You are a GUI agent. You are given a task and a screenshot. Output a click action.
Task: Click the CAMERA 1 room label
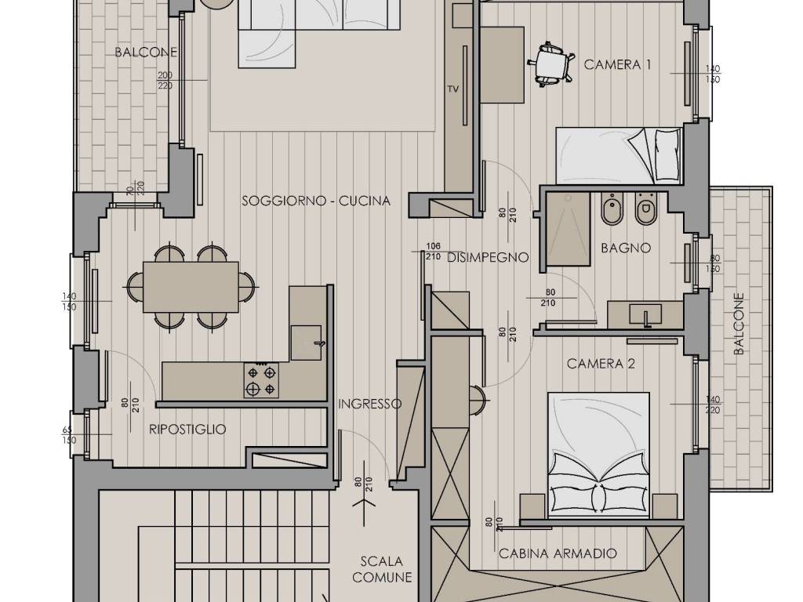[617, 64]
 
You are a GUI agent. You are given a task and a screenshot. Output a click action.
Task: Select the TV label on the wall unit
[452, 89]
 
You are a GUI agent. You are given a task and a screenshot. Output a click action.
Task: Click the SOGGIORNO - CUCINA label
[316, 201]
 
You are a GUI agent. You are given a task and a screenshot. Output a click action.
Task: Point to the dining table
[191, 287]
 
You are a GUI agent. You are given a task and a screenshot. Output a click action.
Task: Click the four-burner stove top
[261, 380]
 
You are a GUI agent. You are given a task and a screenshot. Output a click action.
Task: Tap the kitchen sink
[307, 343]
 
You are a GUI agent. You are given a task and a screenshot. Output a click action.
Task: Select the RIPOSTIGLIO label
[187, 429]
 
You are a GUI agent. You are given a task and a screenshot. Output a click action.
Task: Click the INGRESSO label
[370, 404]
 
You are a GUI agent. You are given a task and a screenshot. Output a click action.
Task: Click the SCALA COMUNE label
[382, 569]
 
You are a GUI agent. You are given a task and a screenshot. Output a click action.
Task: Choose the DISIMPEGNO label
[488, 257]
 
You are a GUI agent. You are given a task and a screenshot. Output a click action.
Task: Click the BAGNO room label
[626, 248]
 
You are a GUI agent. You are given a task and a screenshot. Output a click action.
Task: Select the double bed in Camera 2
[598, 455]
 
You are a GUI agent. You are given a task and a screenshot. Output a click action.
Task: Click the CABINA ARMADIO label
[558, 553]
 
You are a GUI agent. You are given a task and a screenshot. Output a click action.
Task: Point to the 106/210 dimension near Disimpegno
[433, 252]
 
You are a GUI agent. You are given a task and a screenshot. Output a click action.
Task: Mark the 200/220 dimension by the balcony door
[165, 81]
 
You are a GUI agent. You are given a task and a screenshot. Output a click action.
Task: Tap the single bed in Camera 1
[620, 156]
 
